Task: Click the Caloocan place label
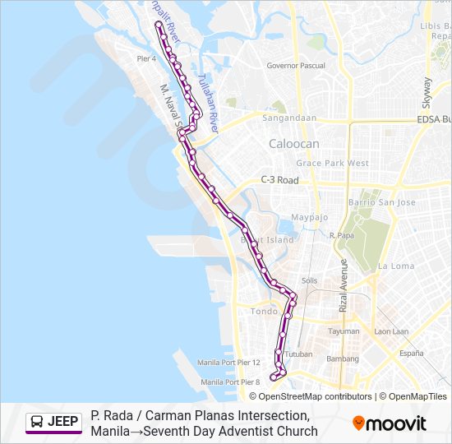(x=293, y=144)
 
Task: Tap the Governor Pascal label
(x=296, y=66)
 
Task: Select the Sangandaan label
(x=289, y=118)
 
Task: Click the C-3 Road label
(x=279, y=179)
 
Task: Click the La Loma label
(x=396, y=266)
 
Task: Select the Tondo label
(x=264, y=312)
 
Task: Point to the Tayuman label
(x=344, y=331)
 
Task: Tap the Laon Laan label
(x=391, y=331)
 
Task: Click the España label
(x=411, y=353)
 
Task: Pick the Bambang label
(x=343, y=359)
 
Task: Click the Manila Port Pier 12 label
(x=228, y=363)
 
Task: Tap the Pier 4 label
(x=147, y=59)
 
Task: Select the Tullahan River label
(x=209, y=111)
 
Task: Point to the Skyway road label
(x=427, y=93)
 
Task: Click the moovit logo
(x=390, y=423)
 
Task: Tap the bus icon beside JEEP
(x=37, y=422)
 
